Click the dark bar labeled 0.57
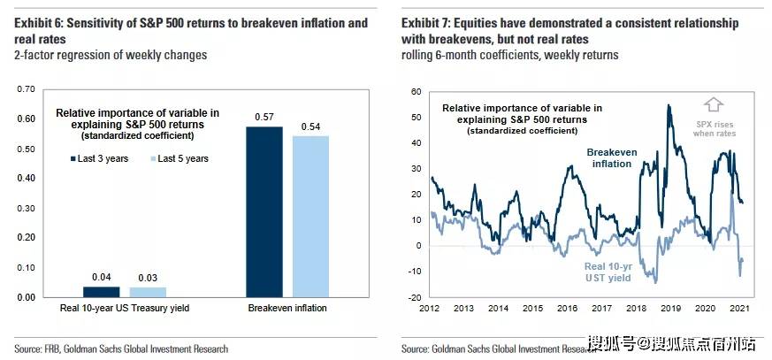[x=264, y=211]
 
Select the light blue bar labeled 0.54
[x=310, y=216]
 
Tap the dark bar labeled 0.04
[x=100, y=291]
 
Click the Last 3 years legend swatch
[x=74, y=158]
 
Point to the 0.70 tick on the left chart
[x=26, y=89]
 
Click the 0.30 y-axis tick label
[x=26, y=208]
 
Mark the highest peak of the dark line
[x=669, y=105]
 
